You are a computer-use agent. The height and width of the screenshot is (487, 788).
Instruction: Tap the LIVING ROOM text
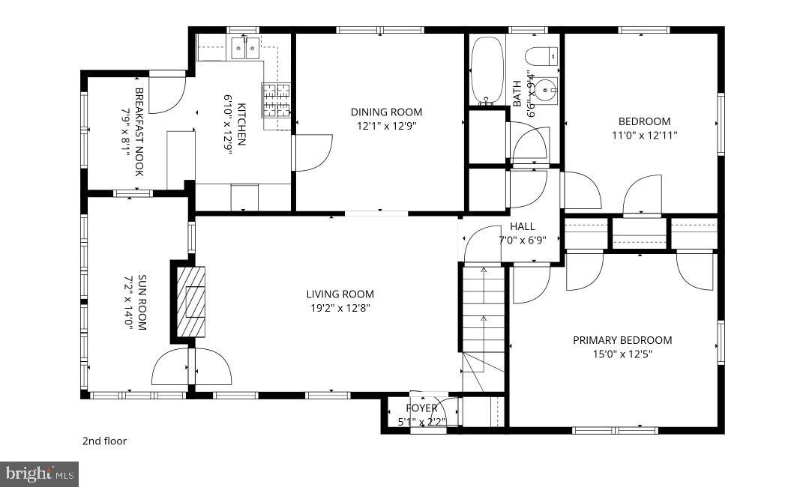340,294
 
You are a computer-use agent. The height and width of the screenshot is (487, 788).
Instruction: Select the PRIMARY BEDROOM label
622,340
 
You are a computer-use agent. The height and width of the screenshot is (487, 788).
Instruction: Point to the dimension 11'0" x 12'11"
644,136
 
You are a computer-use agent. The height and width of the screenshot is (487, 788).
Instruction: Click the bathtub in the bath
487,69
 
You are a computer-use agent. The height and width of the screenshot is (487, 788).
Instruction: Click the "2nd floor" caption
104,441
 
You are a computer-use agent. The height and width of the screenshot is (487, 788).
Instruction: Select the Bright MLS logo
39,474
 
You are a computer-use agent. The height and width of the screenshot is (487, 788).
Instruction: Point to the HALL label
523,226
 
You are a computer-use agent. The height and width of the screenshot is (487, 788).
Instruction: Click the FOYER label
421,408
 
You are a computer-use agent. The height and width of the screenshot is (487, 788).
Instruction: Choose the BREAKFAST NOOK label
139,132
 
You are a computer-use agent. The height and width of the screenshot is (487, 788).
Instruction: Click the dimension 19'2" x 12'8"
340,307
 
